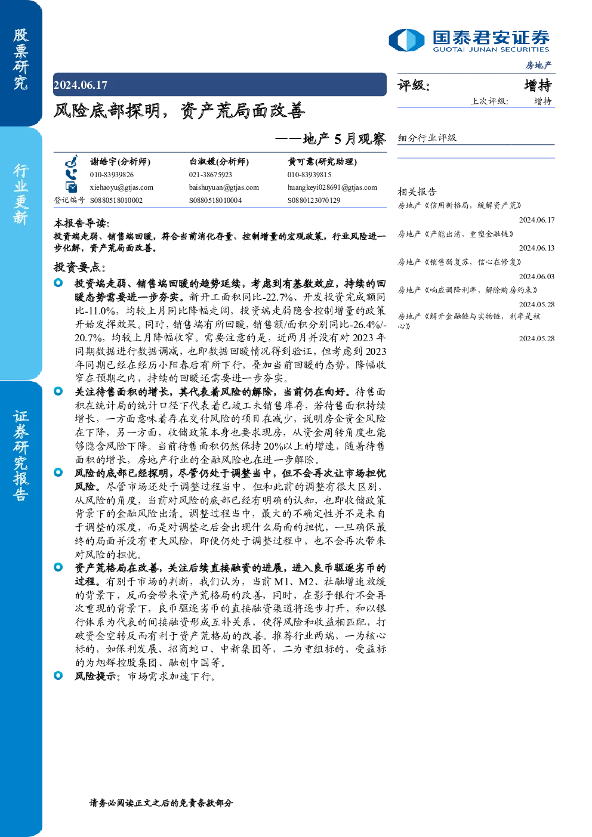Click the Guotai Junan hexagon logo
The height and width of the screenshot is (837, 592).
[406, 40]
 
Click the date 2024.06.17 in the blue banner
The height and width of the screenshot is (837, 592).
[81, 85]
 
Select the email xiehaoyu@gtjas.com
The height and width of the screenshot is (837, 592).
[122, 187]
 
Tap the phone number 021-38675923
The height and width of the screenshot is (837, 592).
[211, 175]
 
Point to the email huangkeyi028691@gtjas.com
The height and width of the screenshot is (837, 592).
[332, 187]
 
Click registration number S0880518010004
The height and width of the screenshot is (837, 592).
[215, 200]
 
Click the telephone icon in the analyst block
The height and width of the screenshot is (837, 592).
[70, 175]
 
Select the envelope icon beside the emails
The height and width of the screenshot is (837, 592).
[71, 187]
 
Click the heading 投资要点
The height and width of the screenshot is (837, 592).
[79, 267]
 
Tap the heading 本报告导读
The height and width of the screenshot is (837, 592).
[82, 223]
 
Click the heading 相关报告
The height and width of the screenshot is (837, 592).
[417, 192]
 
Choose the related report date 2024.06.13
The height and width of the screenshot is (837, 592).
[536, 248]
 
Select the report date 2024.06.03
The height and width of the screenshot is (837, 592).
[536, 276]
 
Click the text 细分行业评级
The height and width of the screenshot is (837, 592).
[427, 137]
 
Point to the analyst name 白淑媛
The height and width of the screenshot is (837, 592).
[202, 162]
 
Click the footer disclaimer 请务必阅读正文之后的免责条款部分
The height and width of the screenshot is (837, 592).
[161, 802]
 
